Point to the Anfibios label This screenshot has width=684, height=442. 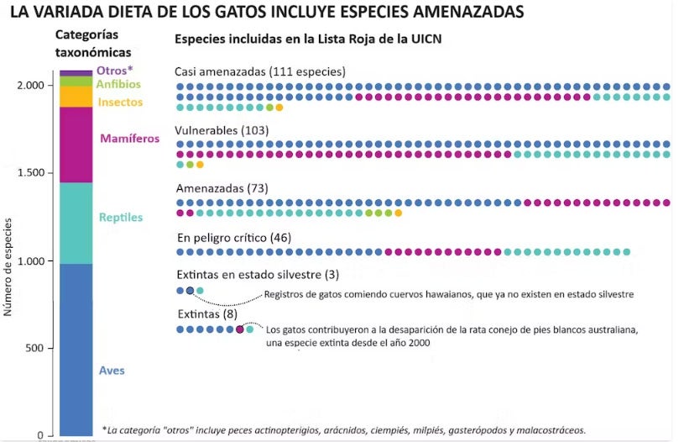tap(118, 84)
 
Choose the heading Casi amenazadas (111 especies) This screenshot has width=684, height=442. tap(260, 71)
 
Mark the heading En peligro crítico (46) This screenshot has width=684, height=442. tap(234, 238)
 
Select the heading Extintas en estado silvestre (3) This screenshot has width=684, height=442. tap(258, 275)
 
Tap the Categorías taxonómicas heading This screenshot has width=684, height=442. tap(86, 43)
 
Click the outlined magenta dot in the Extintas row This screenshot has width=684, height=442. tap(241, 329)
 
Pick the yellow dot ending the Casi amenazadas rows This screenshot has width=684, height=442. tap(279, 108)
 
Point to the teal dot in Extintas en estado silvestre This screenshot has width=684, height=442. tap(200, 291)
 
